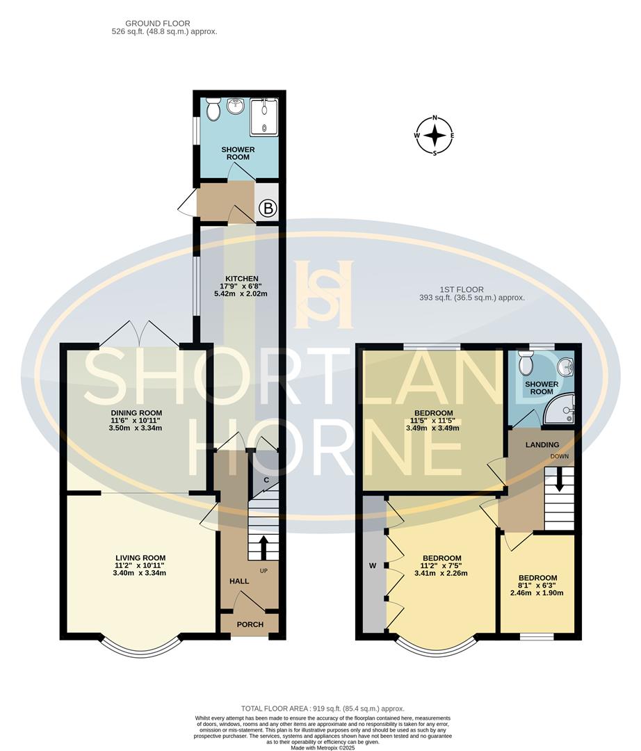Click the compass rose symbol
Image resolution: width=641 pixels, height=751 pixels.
click(435, 136)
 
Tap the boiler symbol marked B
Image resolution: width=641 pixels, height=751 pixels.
click(268, 207)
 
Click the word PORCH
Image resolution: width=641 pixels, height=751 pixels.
click(250, 624)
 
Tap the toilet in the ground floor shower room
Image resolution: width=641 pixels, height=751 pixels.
click(213, 108)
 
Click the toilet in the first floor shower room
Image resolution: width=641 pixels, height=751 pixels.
click(526, 362)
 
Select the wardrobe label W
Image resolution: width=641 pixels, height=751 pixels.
click(373, 565)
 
